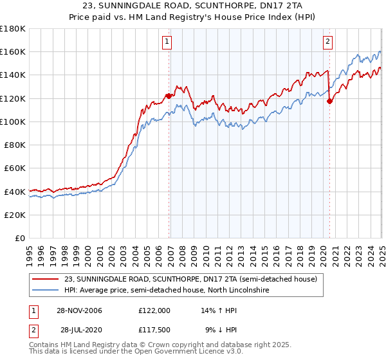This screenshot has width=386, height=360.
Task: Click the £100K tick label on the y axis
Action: pyautogui.click(x=13, y=122)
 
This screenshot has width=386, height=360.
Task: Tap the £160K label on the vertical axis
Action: pyautogui.click(x=13, y=51)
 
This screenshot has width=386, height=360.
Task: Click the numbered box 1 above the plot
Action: pyautogui.click(x=167, y=42)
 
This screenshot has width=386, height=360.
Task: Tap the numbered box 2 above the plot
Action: pyautogui.click(x=327, y=42)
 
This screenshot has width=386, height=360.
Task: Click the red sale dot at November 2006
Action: pyautogui.click(x=169, y=96)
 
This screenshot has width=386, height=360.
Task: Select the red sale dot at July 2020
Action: pyautogui.click(x=329, y=101)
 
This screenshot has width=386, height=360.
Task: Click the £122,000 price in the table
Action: pyautogui.click(x=154, y=310)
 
